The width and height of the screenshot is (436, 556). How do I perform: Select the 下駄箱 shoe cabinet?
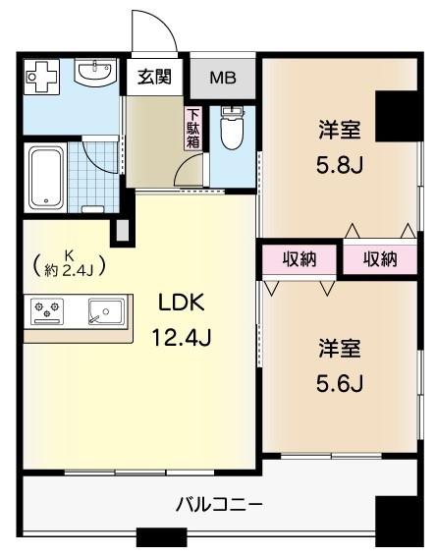point(191,127)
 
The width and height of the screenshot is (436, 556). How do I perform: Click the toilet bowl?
point(231,131)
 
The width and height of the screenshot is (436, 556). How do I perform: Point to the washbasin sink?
point(96,73)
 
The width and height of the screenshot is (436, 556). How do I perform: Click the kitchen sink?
point(102,314)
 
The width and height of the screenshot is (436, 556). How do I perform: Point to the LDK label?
point(181,304)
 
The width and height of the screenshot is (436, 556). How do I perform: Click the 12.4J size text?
point(182,339)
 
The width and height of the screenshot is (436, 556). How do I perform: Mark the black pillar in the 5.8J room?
point(397,116)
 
